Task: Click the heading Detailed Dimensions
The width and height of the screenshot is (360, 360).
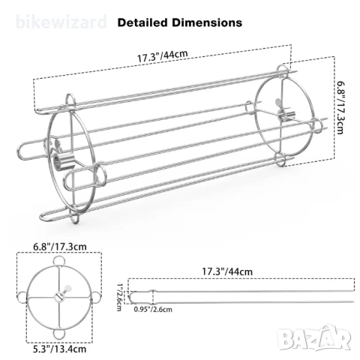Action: pos(180,22)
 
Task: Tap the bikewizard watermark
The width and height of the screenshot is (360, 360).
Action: pos(61,22)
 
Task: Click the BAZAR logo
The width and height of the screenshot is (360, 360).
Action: pos(315,338)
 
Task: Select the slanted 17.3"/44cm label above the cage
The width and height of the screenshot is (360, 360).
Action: pos(162,56)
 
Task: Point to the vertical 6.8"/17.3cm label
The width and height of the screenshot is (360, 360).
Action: pos(341,107)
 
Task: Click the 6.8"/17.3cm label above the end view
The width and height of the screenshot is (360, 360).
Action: pos(60,247)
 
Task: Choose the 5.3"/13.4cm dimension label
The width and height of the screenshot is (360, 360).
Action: pos(60,349)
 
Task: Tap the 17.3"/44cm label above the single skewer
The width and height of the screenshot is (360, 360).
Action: pos(227,271)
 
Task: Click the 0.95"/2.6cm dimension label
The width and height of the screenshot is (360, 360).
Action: pos(153,310)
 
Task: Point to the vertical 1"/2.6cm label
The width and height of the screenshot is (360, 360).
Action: pos(120,297)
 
